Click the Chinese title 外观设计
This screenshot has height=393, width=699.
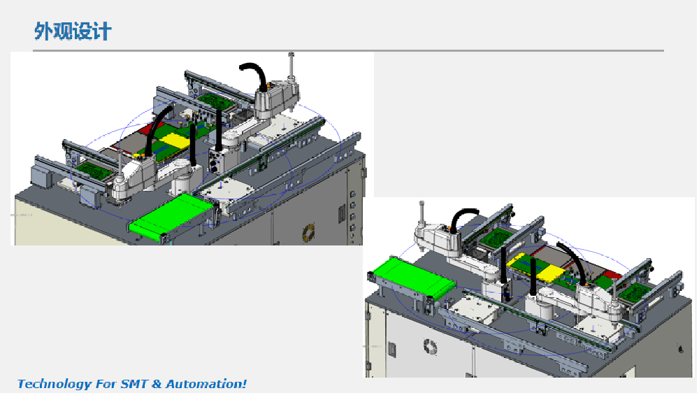(x=73, y=31)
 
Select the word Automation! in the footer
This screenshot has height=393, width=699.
(x=206, y=384)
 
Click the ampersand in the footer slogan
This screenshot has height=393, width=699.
(x=157, y=384)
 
